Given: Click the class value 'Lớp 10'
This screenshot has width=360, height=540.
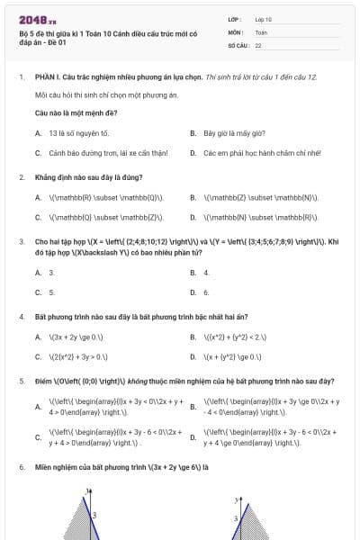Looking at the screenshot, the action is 264,19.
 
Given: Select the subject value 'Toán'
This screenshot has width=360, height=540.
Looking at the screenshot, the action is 261,31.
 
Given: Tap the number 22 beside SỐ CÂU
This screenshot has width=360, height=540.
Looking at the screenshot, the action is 258,44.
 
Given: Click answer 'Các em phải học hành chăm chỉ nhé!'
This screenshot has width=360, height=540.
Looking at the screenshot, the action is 251,153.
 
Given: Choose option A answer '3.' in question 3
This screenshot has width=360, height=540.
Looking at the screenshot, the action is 51,272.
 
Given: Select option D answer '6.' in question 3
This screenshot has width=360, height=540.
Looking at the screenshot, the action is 206,292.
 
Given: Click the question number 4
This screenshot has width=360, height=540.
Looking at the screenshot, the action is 21,316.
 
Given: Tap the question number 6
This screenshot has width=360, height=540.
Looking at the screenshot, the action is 21,467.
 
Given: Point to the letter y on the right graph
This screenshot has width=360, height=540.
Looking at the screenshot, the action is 235,499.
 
